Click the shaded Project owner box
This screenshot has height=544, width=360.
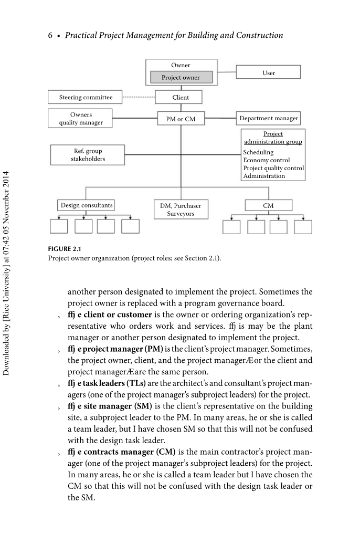[x=181, y=78]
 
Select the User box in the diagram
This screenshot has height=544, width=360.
[x=269, y=72]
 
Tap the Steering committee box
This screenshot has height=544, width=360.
[x=86, y=97]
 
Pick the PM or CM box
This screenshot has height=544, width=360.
[x=181, y=119]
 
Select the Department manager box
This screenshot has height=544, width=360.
[x=269, y=119]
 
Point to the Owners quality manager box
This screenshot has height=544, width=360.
[x=81, y=119]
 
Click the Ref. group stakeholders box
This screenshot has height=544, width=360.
[x=88, y=155]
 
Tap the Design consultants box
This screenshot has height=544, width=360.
[x=86, y=205]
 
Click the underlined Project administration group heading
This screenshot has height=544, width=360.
[x=273, y=138]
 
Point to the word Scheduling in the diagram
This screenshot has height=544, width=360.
[x=258, y=152]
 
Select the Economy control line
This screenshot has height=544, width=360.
[x=266, y=160]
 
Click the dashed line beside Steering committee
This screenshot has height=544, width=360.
[x=138, y=97]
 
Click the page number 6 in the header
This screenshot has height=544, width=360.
[x=50, y=36]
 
